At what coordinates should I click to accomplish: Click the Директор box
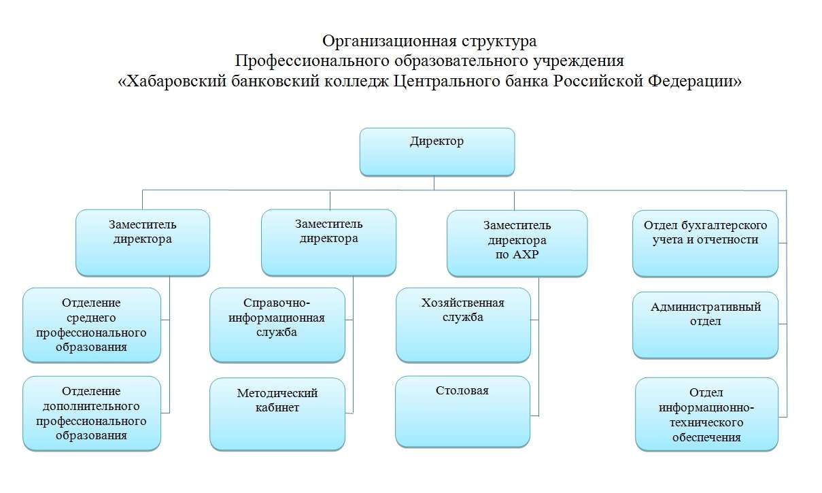(437, 152)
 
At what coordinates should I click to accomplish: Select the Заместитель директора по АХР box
(517, 243)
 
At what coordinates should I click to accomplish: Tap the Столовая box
(463, 411)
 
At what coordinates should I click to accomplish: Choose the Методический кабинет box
(277, 414)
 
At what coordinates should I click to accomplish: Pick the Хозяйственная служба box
(463, 325)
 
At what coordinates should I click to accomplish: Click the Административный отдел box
(705, 325)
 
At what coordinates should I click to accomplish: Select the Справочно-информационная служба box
(277, 325)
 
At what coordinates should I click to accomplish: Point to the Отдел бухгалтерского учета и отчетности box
(705, 243)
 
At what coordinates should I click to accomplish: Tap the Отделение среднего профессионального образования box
(92, 325)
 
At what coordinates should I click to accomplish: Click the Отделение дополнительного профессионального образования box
(92, 413)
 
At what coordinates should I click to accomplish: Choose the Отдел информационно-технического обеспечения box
(707, 414)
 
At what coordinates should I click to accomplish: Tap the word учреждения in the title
(579, 61)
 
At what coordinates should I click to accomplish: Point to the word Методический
(277, 393)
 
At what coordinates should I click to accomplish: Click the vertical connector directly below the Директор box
(434, 183)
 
